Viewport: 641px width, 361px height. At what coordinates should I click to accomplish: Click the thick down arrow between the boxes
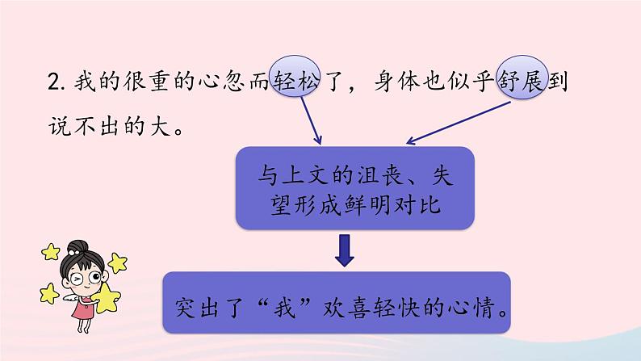[x=345, y=250]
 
